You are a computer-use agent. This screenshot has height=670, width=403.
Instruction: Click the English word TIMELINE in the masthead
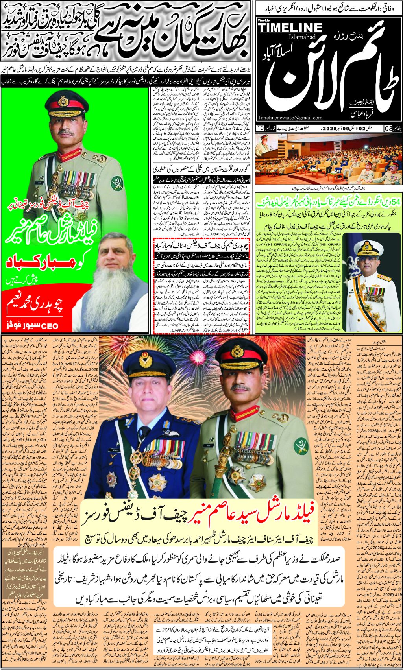pos(290,28)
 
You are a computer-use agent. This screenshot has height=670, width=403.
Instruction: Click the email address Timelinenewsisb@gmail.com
pos(290,117)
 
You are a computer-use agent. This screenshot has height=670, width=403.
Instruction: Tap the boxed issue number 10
pos(260,128)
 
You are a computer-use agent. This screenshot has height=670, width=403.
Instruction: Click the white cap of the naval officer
pos(368,247)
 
